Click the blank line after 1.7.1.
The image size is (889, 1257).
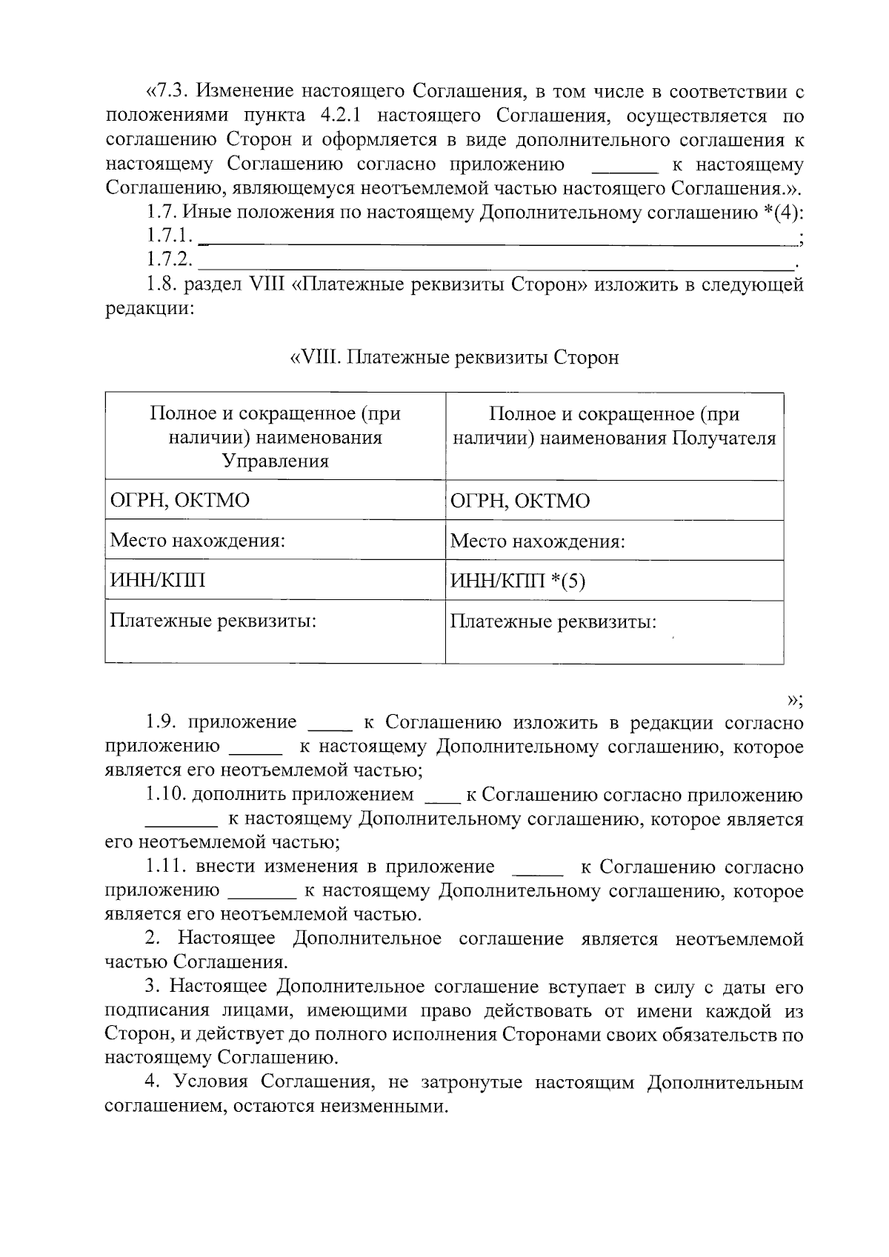[496, 240]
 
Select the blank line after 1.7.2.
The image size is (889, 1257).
[496, 264]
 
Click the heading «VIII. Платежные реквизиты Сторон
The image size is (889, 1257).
[453, 358]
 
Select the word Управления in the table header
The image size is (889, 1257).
[275, 461]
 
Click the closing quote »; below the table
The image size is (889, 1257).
[795, 699]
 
